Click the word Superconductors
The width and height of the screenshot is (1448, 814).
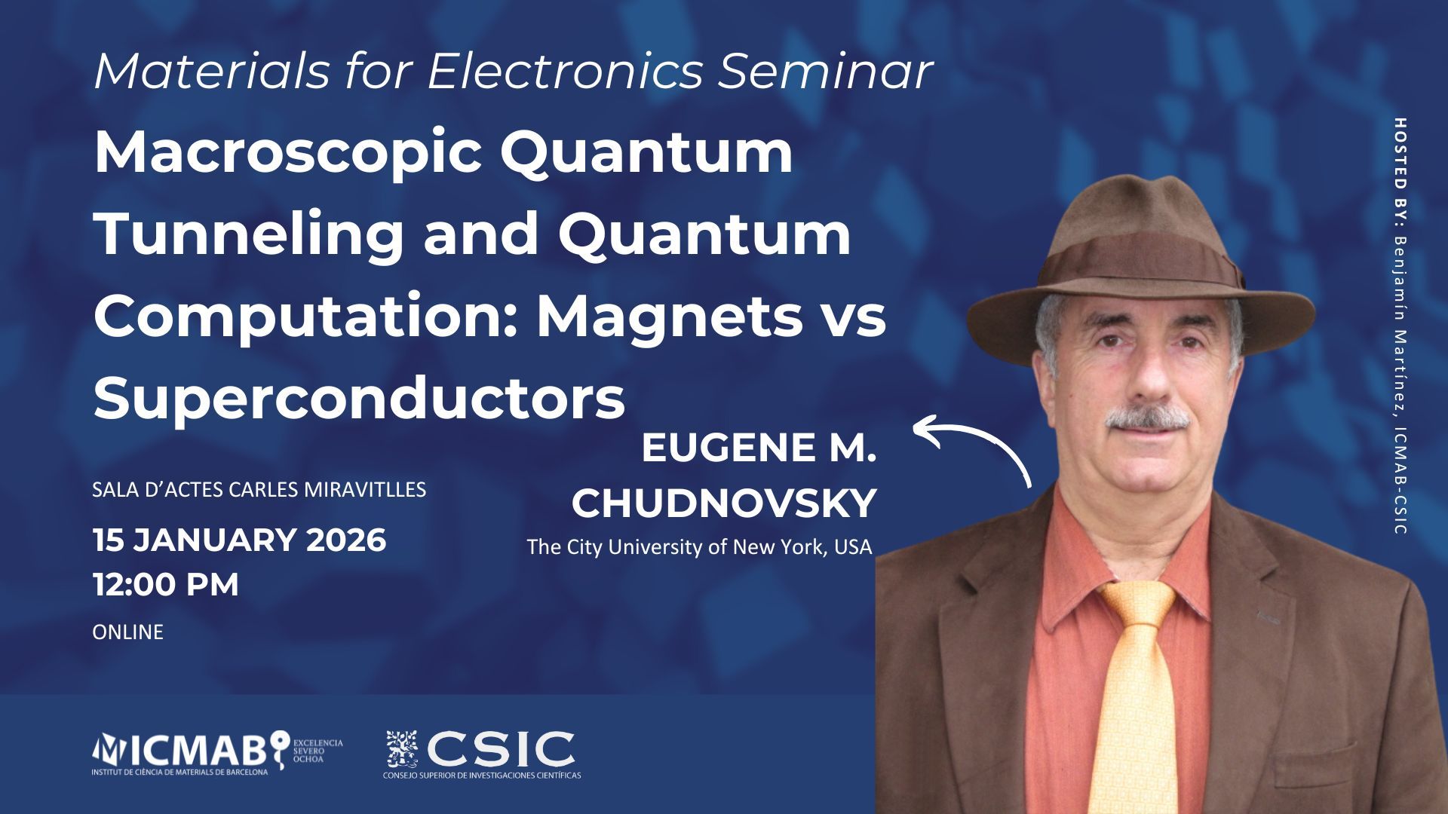(360, 399)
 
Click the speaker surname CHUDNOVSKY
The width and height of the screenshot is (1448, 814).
(724, 503)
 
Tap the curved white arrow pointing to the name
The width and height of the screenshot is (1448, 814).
(973, 448)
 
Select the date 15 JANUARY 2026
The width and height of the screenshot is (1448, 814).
(239, 540)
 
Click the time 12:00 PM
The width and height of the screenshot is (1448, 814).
(166, 585)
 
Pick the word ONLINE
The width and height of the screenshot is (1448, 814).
(127, 632)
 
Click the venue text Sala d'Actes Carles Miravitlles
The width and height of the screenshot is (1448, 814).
(259, 490)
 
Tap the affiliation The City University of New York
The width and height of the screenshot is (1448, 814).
(680, 546)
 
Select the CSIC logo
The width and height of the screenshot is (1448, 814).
(483, 754)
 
